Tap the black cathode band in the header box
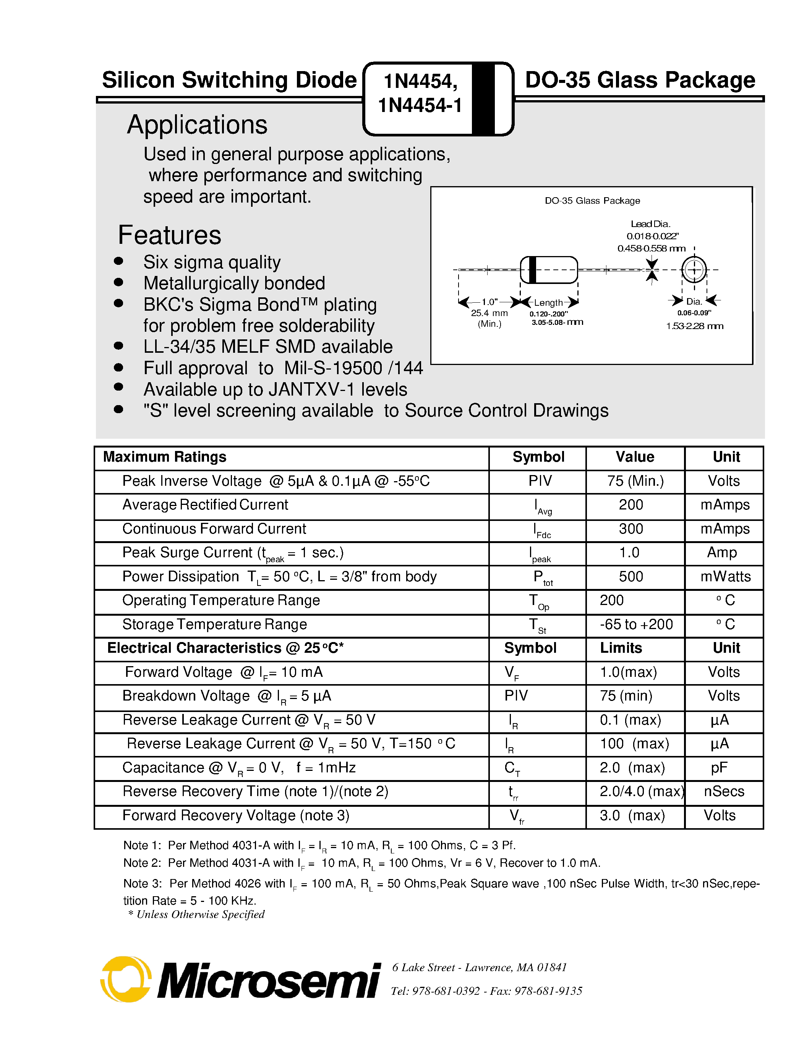click(483, 99)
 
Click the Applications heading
click(197, 125)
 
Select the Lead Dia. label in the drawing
click(650, 224)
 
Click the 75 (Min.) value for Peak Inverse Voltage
click(635, 481)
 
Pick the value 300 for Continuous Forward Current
click(630, 529)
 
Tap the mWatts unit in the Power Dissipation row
click(725, 576)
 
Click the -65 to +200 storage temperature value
click(636, 624)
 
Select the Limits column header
click(621, 648)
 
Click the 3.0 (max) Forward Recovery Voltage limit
click(632, 815)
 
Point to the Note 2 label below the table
click(142, 863)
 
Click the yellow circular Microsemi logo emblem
click(126, 979)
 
